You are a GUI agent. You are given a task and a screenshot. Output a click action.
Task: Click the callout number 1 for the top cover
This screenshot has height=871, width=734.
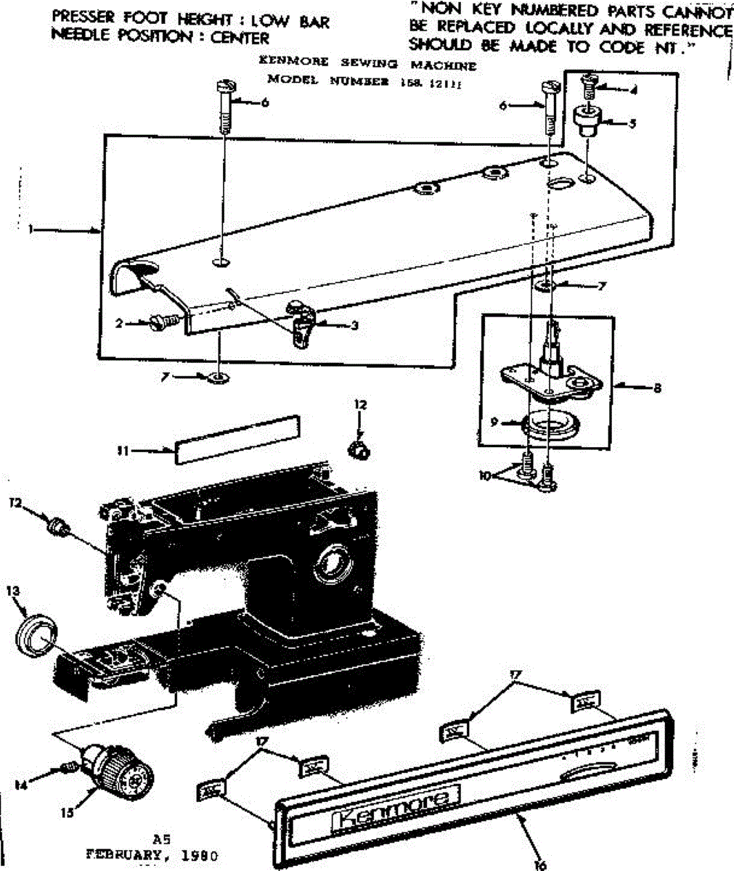pyautogui.click(x=31, y=229)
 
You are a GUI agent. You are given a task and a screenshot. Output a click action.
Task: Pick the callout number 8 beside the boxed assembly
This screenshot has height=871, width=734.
pyautogui.click(x=657, y=388)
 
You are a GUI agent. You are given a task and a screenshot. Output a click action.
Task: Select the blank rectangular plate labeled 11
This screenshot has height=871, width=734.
pyautogui.click(x=236, y=438)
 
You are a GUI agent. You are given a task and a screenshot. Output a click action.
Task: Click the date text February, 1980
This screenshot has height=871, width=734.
pyautogui.click(x=152, y=854)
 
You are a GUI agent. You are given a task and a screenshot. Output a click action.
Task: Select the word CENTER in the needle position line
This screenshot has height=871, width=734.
pyautogui.click(x=240, y=38)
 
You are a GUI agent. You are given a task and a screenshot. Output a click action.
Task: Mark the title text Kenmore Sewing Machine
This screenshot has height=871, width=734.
pyautogui.click(x=367, y=65)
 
